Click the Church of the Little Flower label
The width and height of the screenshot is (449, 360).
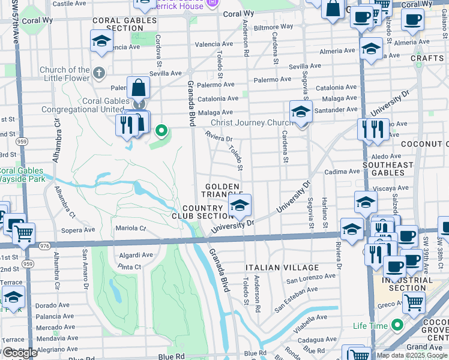tap(65, 74)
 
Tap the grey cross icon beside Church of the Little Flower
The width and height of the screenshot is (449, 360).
tap(100, 73)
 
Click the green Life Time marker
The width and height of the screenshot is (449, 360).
tap(396, 326)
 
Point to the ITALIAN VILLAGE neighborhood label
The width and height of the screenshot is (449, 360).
tap(282, 268)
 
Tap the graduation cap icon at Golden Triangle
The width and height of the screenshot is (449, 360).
tap(240, 207)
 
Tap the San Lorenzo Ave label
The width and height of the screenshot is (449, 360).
tap(310, 280)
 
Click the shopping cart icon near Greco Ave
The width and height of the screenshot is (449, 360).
tap(414, 304)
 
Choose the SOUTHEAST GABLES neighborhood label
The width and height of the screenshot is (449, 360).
tap(388, 169)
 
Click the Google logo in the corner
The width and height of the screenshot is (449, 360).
tap(19, 353)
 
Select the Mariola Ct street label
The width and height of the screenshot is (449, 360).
tap(130, 228)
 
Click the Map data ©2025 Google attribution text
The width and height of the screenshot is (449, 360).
tap(411, 355)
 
